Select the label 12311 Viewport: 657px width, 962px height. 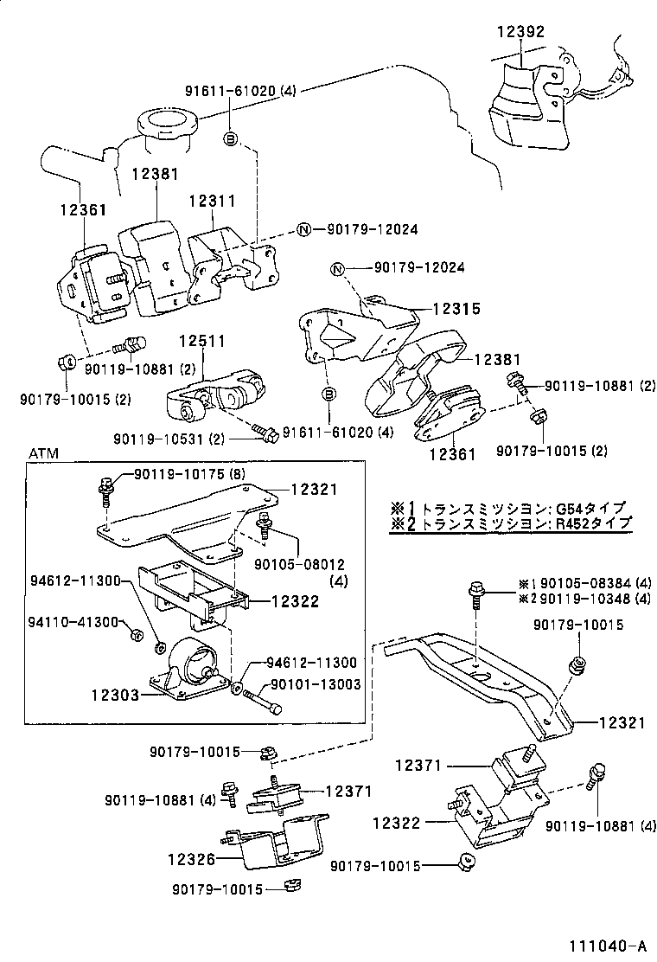[214, 201]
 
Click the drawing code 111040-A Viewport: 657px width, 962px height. [607, 945]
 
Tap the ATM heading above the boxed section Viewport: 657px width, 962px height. [43, 453]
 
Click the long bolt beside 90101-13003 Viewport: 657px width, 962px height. [264, 700]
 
